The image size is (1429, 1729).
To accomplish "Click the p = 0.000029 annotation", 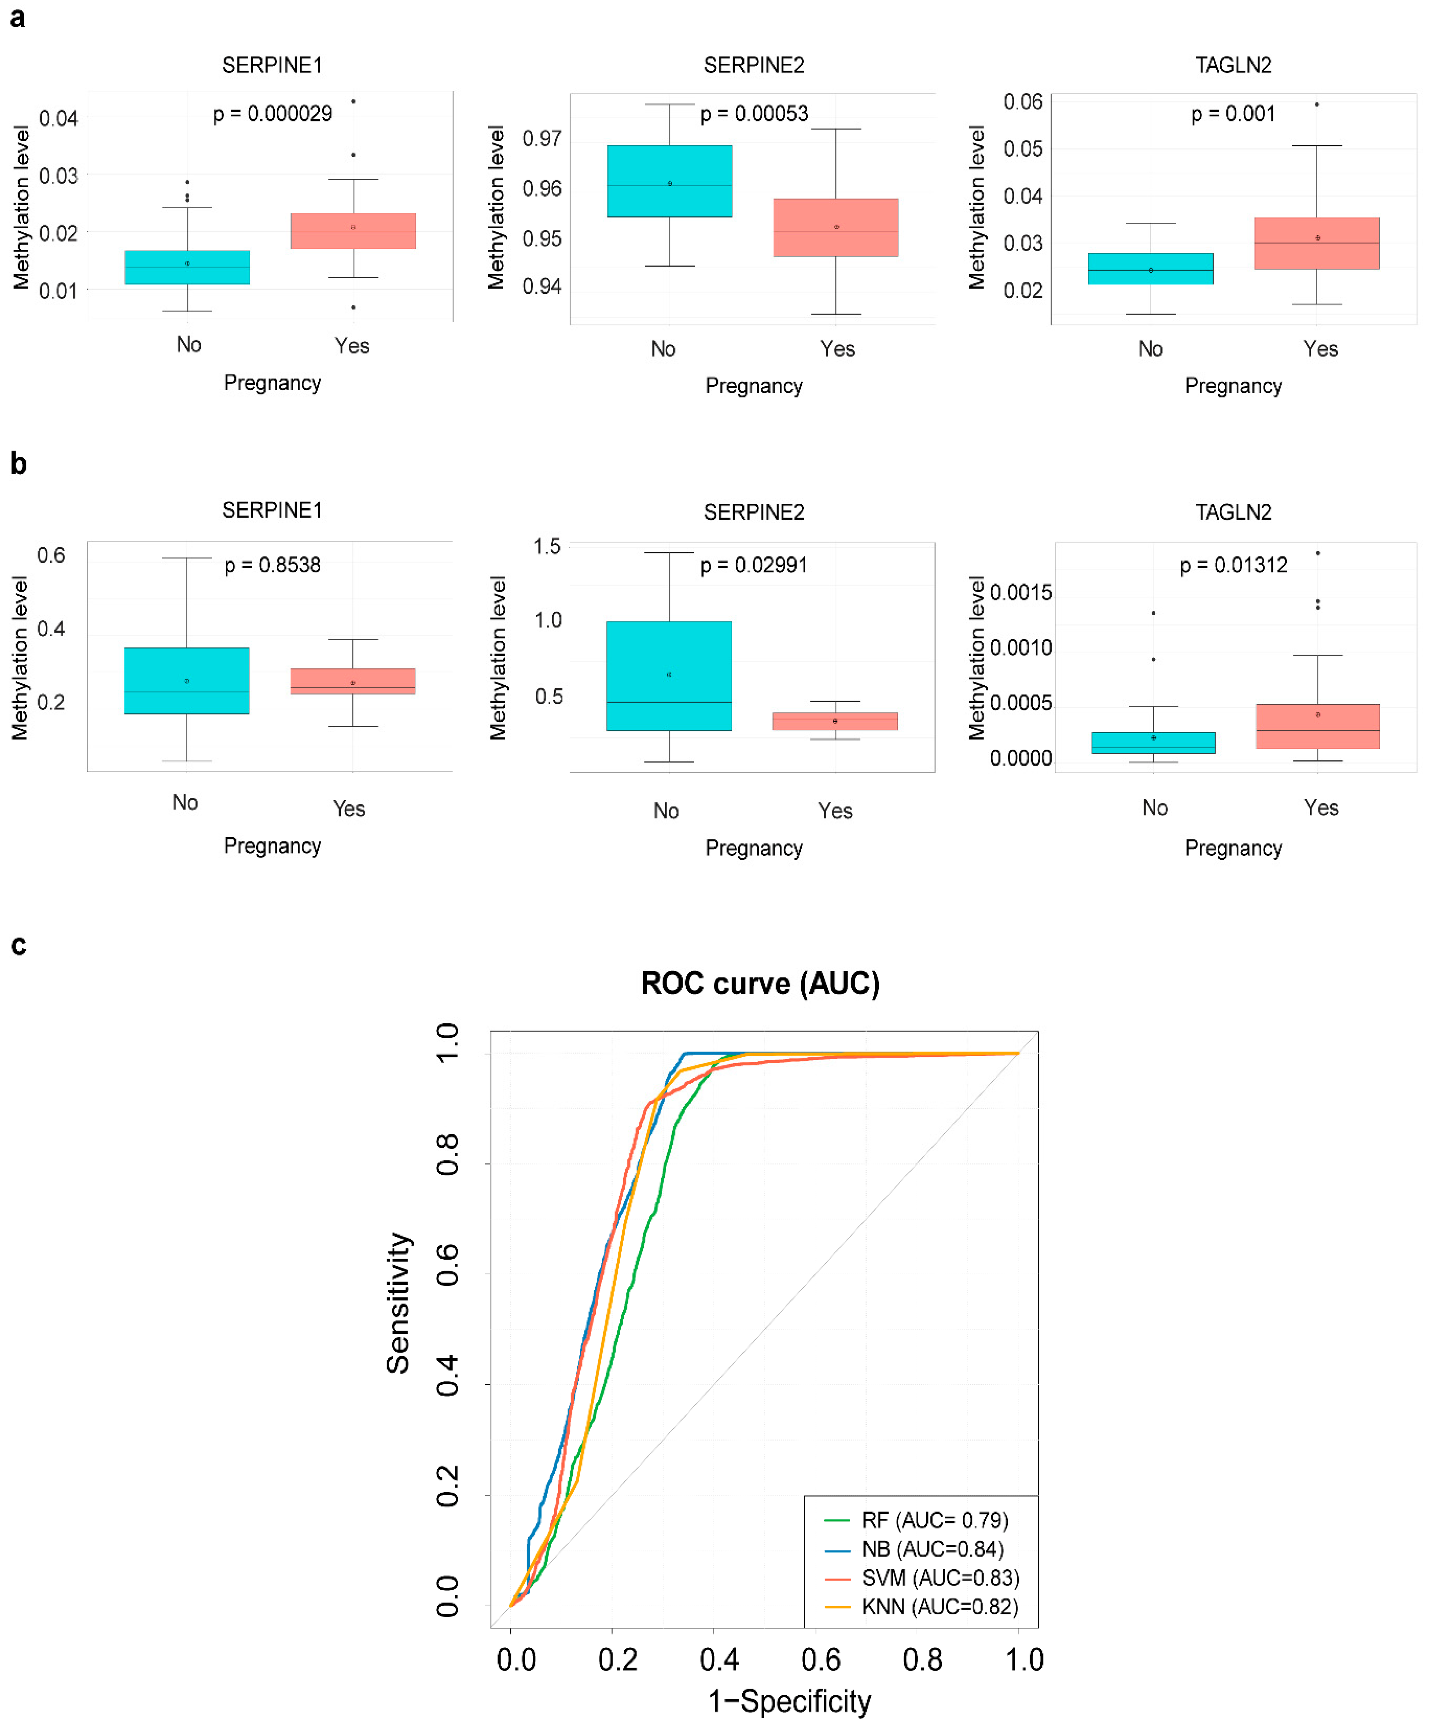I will click(273, 114).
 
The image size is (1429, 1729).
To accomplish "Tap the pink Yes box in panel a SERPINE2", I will click(835, 228).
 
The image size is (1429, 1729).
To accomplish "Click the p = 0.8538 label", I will click(273, 565).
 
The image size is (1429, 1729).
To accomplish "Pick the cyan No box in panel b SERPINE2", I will click(669, 676).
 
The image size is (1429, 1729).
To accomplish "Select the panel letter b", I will click(18, 464).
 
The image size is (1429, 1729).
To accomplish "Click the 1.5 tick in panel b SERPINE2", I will click(547, 546).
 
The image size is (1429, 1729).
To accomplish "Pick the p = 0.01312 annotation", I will click(1233, 565).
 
